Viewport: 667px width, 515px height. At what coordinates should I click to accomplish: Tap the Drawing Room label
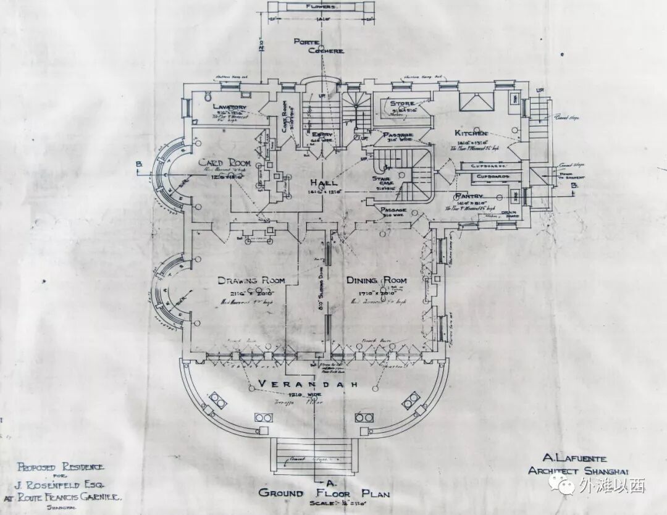click(x=251, y=281)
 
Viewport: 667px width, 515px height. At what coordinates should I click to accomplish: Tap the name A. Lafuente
click(x=574, y=459)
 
